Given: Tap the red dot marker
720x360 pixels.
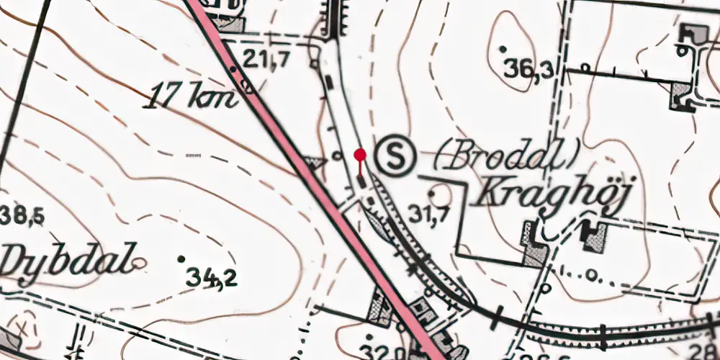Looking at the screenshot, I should click(x=360, y=154).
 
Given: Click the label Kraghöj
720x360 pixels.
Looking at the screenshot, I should click(x=549, y=194).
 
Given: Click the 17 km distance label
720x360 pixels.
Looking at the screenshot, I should click(x=190, y=96).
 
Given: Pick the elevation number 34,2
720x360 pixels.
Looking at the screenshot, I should click(x=211, y=276).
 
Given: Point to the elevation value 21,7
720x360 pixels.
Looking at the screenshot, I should click(x=266, y=60).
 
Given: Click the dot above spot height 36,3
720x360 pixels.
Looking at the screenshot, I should click(x=503, y=49).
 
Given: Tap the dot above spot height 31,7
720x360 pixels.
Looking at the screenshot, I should click(x=432, y=193).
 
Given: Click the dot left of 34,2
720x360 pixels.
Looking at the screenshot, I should click(x=181, y=258).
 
